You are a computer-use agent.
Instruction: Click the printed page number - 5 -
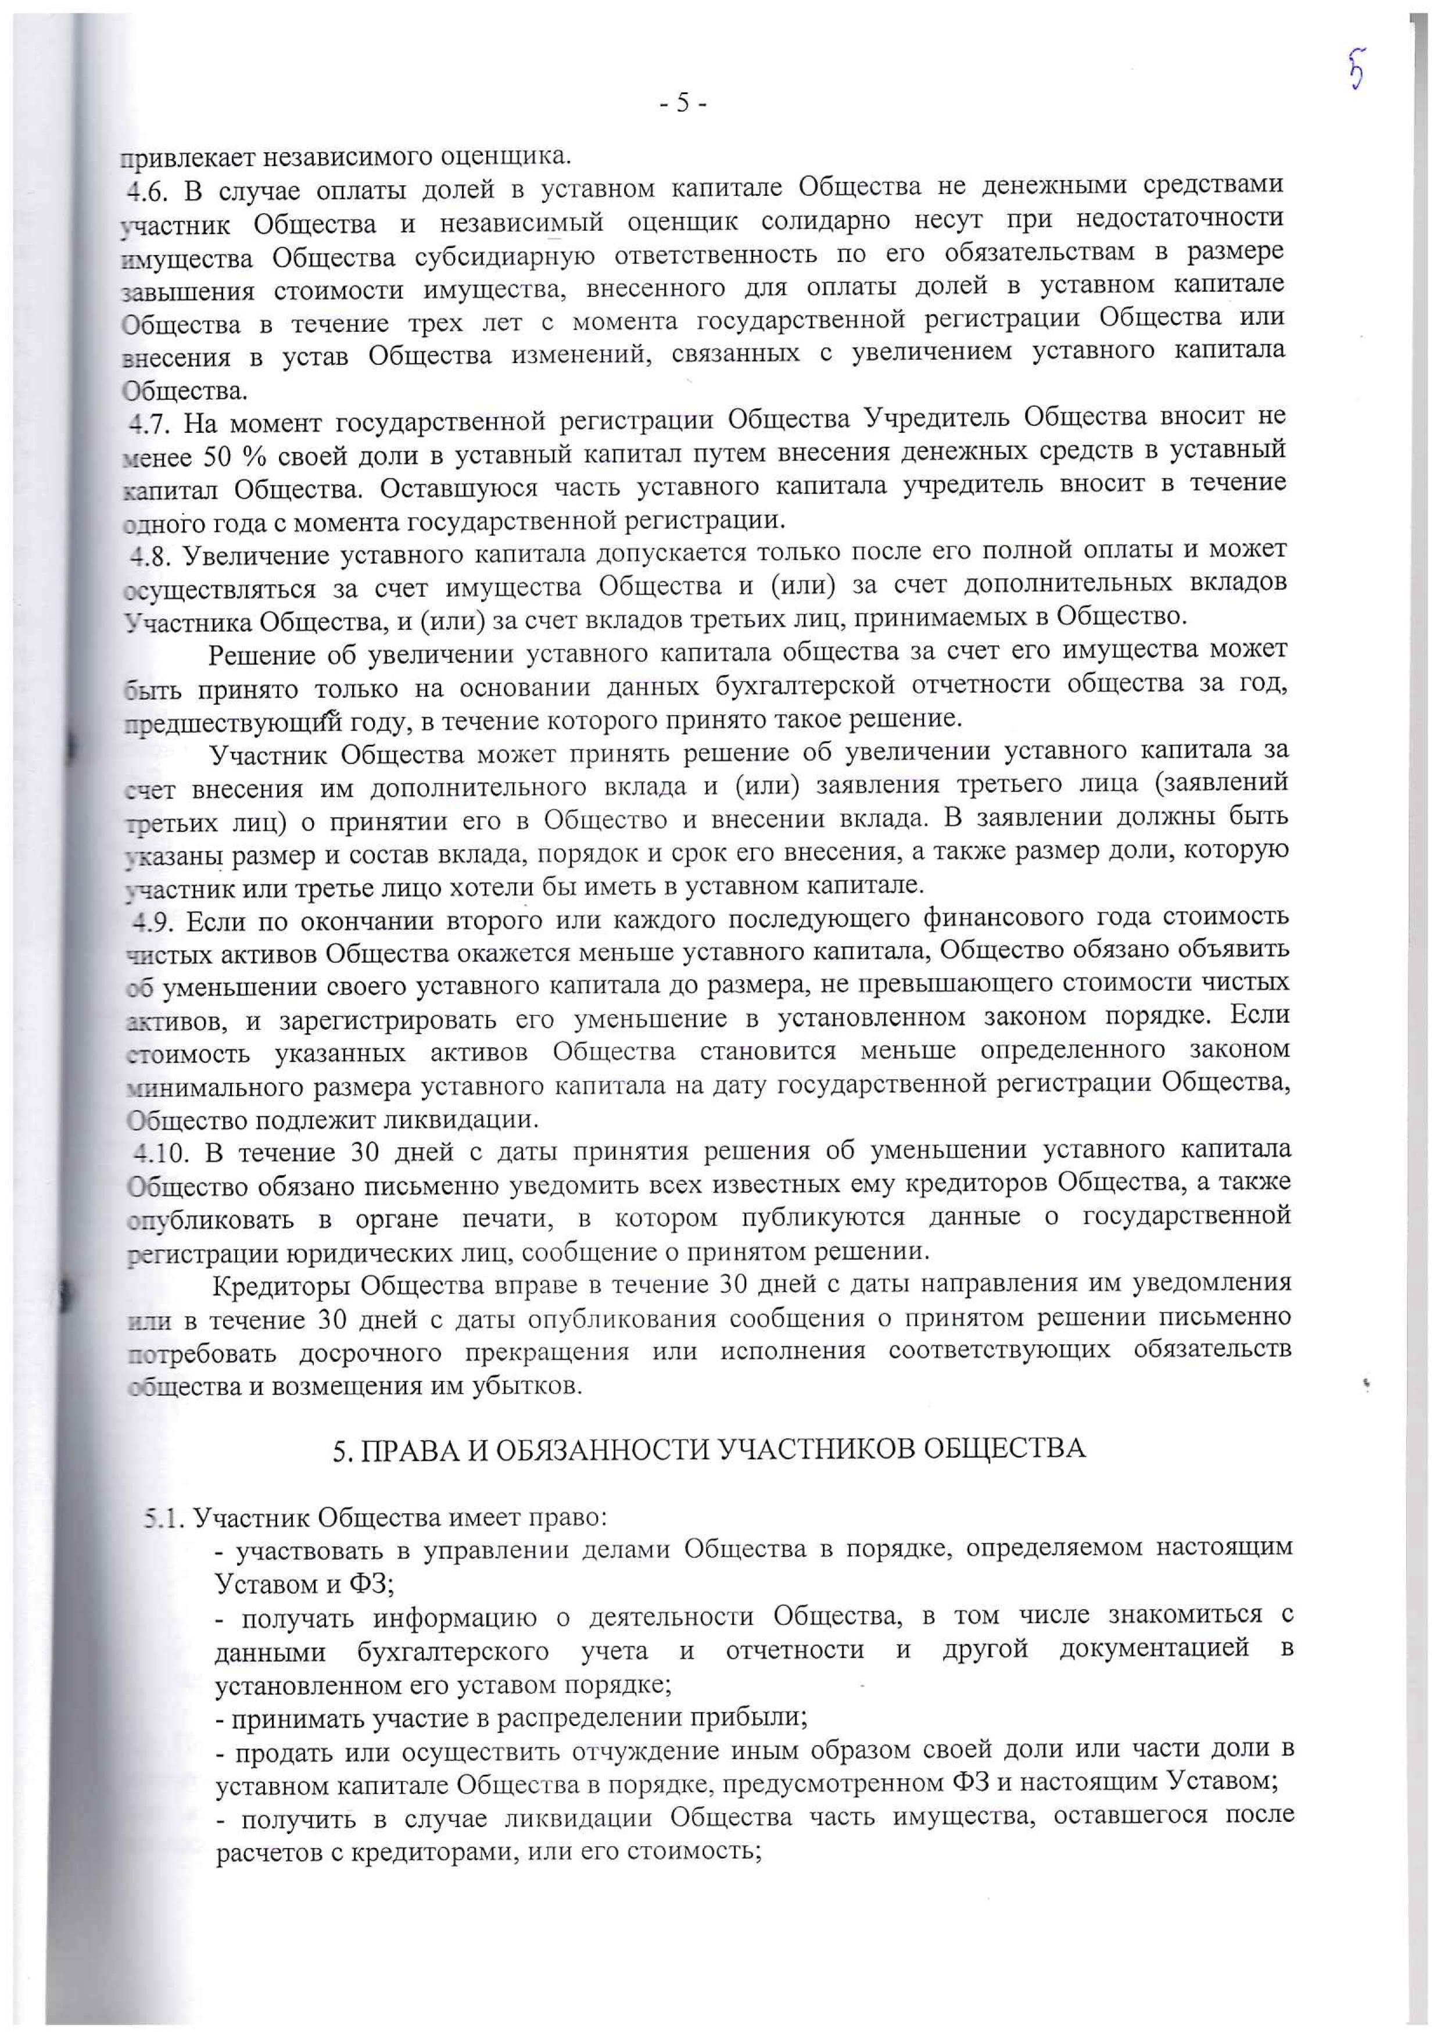tap(682, 104)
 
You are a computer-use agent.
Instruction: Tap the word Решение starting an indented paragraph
tap(261, 655)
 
